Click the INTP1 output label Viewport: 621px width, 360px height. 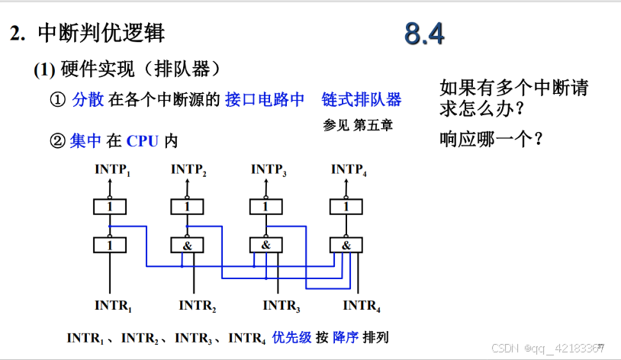113,169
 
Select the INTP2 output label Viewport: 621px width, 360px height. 189,169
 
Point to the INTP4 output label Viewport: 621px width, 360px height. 349,169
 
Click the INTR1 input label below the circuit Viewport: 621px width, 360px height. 114,306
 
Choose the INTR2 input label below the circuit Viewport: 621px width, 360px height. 198,306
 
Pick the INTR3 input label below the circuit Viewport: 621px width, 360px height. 282,306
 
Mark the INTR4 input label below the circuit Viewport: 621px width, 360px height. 362,306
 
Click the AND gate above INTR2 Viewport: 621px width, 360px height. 187,245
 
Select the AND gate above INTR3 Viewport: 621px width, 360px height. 266,245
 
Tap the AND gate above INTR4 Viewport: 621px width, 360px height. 346,245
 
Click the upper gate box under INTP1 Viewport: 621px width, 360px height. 109,206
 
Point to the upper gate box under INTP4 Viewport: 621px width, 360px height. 346,206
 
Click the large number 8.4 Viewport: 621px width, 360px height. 424,34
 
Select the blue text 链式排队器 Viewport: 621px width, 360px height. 362,100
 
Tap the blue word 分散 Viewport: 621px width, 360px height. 87,100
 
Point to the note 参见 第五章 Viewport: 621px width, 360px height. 358,124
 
